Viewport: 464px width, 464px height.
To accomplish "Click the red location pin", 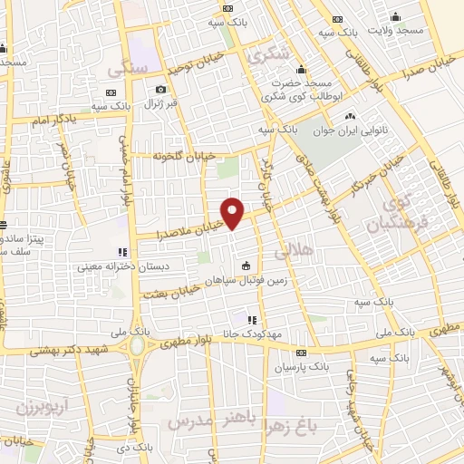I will (233, 212).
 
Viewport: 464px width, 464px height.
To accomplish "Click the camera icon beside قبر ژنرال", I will (160, 89).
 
